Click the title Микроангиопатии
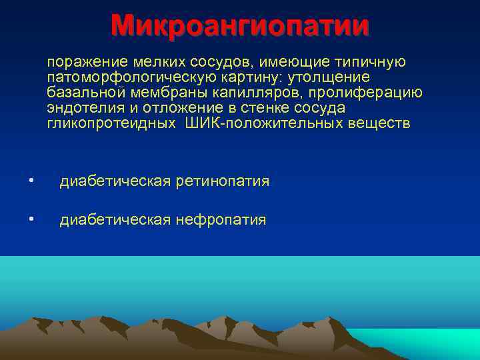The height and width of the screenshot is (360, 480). click(x=240, y=26)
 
